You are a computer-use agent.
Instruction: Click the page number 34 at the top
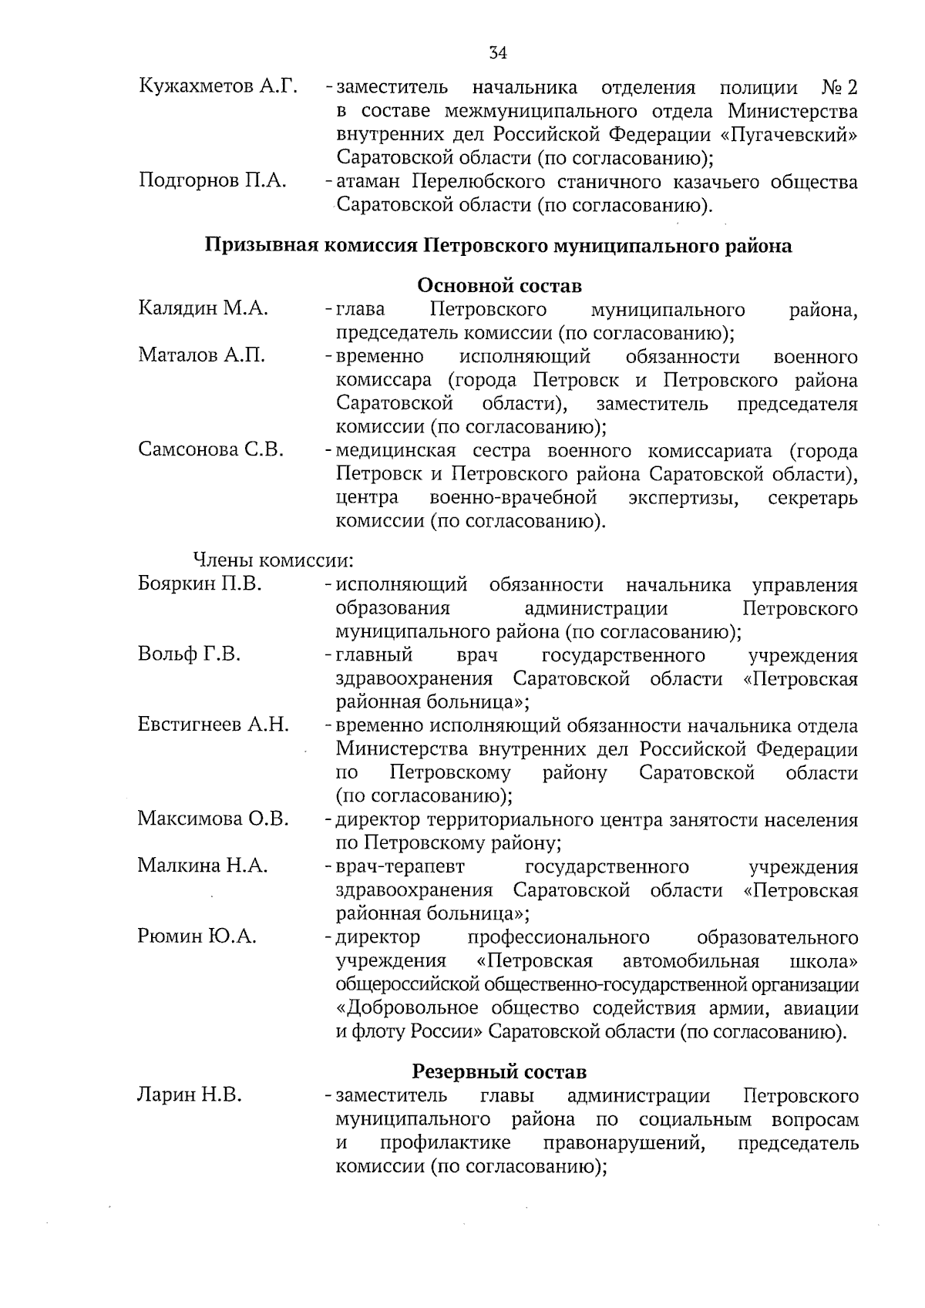pyautogui.click(x=498, y=53)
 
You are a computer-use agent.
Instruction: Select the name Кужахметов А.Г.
pyautogui.click(x=217, y=86)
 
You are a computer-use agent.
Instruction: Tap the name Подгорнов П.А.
pyautogui.click(x=212, y=181)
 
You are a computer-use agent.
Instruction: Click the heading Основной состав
pyautogui.click(x=499, y=285)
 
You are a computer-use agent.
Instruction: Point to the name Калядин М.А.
pyautogui.click(x=203, y=309)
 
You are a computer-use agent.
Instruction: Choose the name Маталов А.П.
pyautogui.click(x=202, y=355)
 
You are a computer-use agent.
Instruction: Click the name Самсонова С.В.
pyautogui.click(x=210, y=449)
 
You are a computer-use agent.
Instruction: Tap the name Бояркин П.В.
pyautogui.click(x=200, y=583)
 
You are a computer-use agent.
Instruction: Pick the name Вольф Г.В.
pyautogui.click(x=189, y=654)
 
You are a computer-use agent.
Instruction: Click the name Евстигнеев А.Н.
pyautogui.click(x=213, y=725)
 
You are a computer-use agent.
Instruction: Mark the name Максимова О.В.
pyautogui.click(x=213, y=819)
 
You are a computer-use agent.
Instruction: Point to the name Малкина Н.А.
pyautogui.click(x=203, y=866)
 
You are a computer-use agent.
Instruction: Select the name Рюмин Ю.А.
pyautogui.click(x=197, y=936)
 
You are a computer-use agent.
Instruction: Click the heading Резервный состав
pyautogui.click(x=499, y=1071)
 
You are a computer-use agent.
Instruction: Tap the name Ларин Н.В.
pyautogui.click(x=189, y=1094)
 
